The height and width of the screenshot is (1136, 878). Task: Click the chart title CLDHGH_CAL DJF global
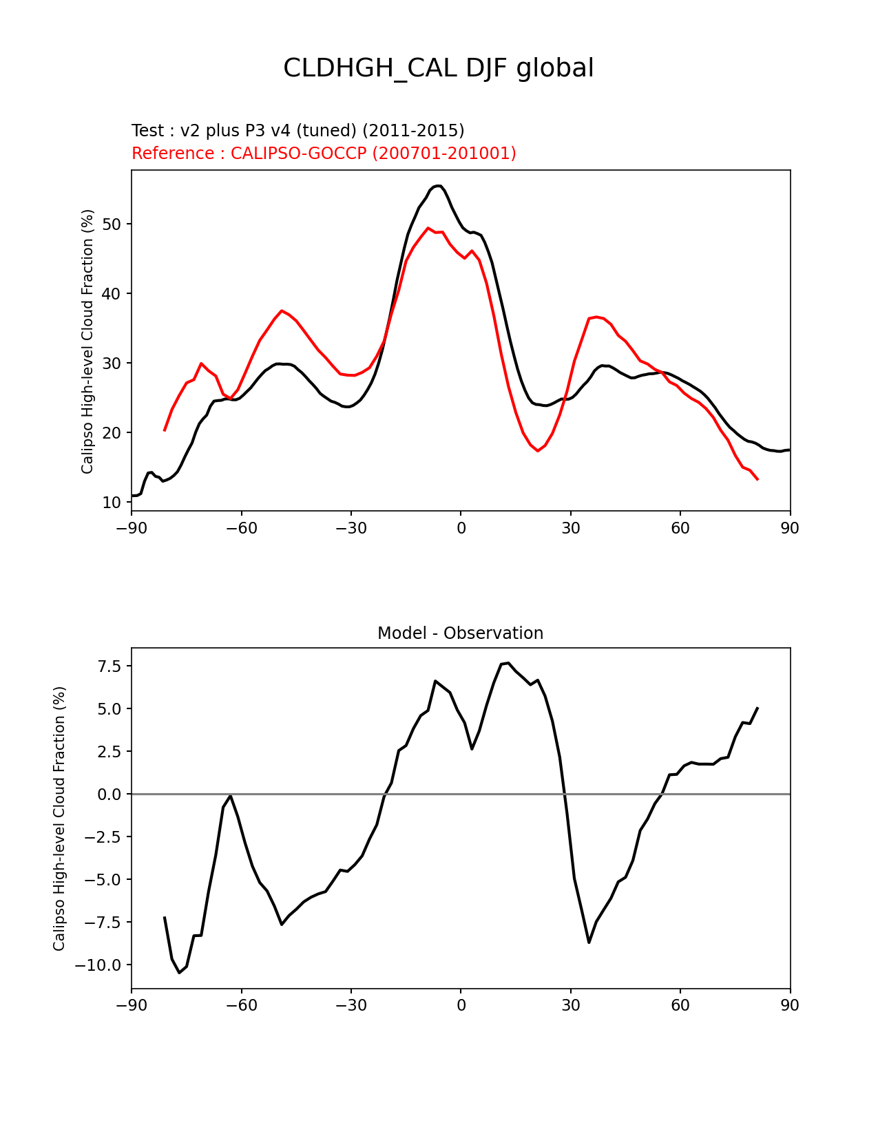(x=438, y=69)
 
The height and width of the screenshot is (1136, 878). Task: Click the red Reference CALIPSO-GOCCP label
(x=324, y=154)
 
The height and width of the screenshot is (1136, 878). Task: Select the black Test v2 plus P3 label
(x=297, y=131)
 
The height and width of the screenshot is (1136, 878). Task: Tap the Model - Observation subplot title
(x=460, y=633)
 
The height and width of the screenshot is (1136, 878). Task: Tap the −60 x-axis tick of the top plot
(x=241, y=528)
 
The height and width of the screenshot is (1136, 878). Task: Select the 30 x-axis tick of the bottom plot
(x=570, y=1006)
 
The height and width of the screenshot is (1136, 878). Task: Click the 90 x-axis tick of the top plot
(x=790, y=528)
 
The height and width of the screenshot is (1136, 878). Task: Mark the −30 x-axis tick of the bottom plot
(x=351, y=1006)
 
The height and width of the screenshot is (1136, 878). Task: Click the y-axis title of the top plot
(x=87, y=341)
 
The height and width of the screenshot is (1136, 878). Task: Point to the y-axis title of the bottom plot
(x=59, y=819)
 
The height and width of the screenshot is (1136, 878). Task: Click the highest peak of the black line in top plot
(x=439, y=185)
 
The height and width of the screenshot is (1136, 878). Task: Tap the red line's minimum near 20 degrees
(x=538, y=450)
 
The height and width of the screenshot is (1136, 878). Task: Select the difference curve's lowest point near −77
(x=179, y=972)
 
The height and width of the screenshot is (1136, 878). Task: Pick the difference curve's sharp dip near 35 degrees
(x=589, y=942)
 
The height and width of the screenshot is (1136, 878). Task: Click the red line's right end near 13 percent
(x=757, y=479)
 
